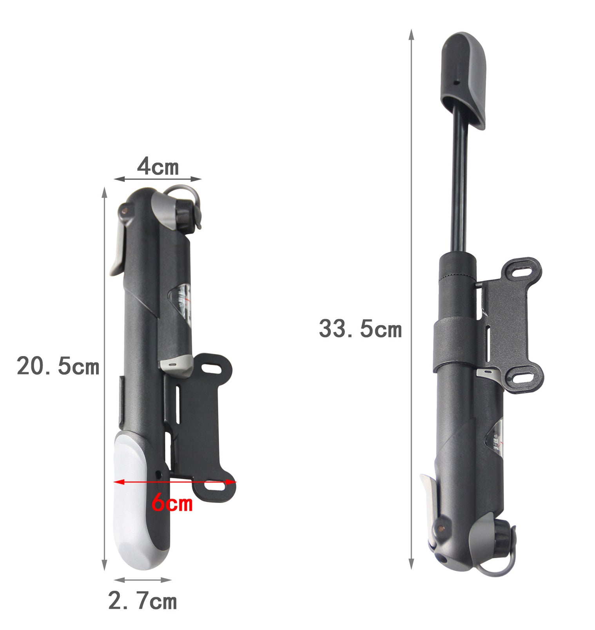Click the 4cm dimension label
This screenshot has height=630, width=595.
tap(158, 167)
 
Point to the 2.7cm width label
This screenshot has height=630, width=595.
tap(142, 601)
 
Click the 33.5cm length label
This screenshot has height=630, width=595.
tap(360, 329)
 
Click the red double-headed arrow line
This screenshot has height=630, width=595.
tap(175, 482)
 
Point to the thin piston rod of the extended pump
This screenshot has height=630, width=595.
tap(461, 180)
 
